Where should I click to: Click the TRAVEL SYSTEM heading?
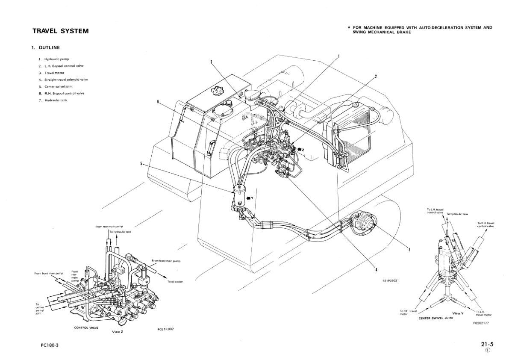60,31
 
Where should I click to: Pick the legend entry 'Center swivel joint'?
55,86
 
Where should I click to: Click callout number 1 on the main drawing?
338,56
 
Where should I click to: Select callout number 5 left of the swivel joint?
140,163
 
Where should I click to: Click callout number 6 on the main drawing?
158,101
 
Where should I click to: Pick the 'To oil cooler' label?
175,282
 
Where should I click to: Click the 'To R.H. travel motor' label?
408,312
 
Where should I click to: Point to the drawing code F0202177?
481,323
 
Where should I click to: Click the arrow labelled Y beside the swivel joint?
250,198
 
